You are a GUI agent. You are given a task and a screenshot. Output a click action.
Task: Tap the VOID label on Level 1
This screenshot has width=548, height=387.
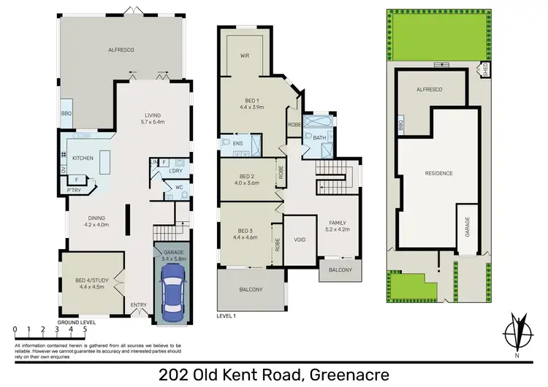pos(300,239)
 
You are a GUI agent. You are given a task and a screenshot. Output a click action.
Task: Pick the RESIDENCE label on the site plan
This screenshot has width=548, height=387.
pos(440,173)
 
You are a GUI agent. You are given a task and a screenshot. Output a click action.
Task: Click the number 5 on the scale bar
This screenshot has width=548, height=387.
pos(85,329)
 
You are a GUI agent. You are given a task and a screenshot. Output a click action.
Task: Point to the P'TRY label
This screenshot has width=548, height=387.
pos(75,190)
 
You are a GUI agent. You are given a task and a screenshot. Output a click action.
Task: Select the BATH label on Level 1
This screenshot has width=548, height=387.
pos(319,137)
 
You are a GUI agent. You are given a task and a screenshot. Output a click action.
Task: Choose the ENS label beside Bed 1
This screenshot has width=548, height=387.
pos(238,144)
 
